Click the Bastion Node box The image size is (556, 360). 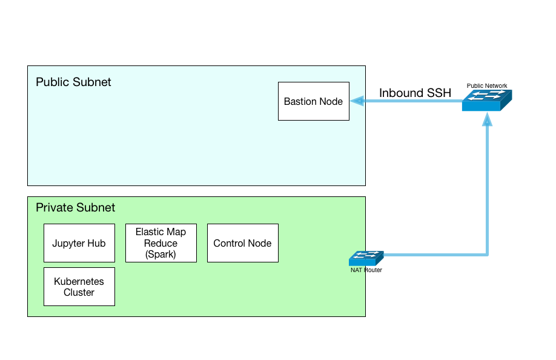tap(314, 101)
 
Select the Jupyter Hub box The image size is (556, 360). tap(79, 243)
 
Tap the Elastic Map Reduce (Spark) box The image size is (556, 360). tap(161, 243)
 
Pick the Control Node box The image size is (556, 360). tap(242, 243)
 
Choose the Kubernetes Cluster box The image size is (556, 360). tap(79, 287)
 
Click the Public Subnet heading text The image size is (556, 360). tap(73, 82)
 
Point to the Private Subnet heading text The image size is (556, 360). tap(76, 207)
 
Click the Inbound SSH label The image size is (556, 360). tap(415, 93)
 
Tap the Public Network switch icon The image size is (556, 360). tap(487, 101)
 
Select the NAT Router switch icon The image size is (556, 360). tap(366, 258)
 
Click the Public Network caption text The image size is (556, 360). tap(487, 86)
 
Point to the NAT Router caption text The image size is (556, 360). tap(366, 270)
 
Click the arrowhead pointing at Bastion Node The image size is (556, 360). tap(357, 101)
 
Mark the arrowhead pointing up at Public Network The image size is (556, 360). tap(487, 119)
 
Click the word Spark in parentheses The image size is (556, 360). tap(161, 255)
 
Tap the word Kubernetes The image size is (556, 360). tap(79, 281)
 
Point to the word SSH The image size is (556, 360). tap(439, 93)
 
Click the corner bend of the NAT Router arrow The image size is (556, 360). tap(487, 255)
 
